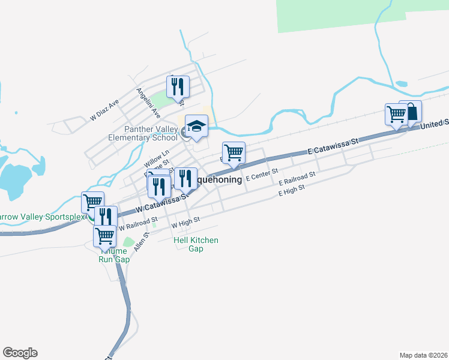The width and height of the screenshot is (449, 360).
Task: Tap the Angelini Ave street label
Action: (148, 103)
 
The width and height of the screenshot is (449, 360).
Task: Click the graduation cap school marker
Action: (196, 126)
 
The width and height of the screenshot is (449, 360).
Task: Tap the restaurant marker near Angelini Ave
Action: (178, 87)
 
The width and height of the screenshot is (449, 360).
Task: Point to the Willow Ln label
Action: (157, 159)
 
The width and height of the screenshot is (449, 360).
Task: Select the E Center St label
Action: (263, 173)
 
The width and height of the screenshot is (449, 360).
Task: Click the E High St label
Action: (292, 190)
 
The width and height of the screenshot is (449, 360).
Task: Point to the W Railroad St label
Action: (137, 224)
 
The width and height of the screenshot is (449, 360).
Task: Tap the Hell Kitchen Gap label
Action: (196, 244)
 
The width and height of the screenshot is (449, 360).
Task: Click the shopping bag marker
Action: (411, 112)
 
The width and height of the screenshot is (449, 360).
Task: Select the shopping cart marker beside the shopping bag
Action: (396, 114)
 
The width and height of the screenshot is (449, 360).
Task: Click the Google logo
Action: (20, 353)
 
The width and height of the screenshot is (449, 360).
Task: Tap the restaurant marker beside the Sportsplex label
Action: (106, 217)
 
